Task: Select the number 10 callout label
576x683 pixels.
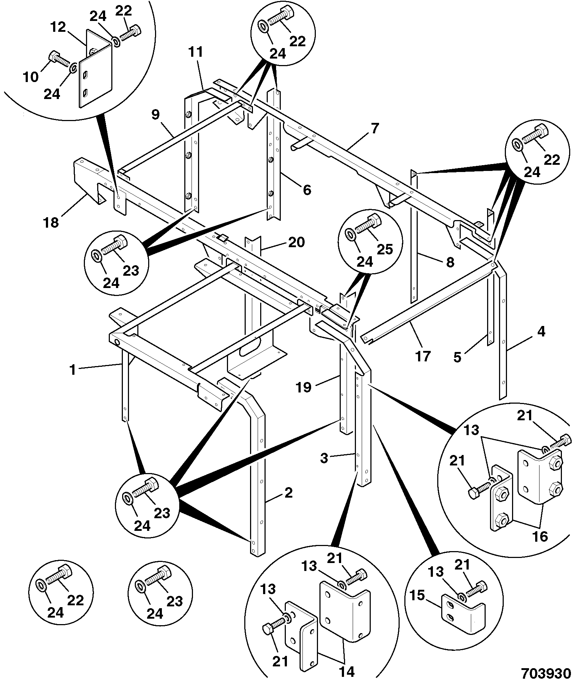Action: coord(31,77)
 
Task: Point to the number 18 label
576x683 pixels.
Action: coord(51,222)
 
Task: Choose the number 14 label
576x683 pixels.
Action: coord(346,671)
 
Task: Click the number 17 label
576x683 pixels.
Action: coord(422,356)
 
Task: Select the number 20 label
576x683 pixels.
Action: coord(296,242)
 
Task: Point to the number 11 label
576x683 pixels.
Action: coord(195,52)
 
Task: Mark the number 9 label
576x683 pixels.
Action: coord(155,115)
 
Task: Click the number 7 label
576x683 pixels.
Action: coord(375,128)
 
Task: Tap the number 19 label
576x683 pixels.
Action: coord(304,387)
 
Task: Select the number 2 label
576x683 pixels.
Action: coord(288,493)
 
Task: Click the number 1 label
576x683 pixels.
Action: coord(73,370)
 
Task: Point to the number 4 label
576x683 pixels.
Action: coord(541,331)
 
